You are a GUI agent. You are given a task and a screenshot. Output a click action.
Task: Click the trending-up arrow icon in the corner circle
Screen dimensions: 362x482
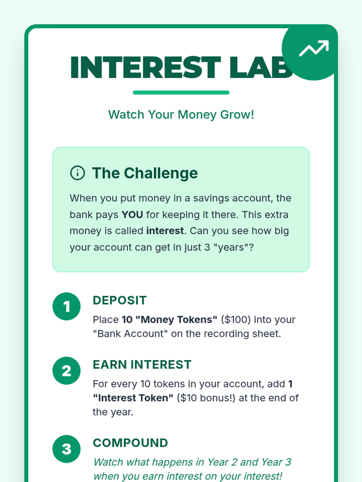pyautogui.click(x=314, y=48)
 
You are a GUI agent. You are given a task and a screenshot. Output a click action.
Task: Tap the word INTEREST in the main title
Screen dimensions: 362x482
pyautogui.click(x=145, y=67)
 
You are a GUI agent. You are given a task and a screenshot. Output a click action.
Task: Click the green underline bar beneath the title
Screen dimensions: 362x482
pyautogui.click(x=181, y=92)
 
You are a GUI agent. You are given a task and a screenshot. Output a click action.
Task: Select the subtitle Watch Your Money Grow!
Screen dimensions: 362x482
pyautogui.click(x=181, y=115)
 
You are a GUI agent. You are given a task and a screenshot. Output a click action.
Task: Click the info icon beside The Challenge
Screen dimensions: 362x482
pyautogui.click(x=77, y=173)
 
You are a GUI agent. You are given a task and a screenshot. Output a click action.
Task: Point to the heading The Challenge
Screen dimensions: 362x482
pyautogui.click(x=145, y=173)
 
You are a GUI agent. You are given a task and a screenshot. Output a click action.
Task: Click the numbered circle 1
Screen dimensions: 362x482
pyautogui.click(x=66, y=306)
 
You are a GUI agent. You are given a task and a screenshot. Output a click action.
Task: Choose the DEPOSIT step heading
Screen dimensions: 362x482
pyautogui.click(x=119, y=300)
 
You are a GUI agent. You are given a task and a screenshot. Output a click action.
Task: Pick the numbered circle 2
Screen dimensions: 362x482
pyautogui.click(x=66, y=371)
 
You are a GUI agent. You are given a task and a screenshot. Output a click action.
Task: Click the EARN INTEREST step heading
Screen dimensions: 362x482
pyautogui.click(x=142, y=365)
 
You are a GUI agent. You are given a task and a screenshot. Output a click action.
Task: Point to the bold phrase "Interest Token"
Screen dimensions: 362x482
pyautogui.click(x=133, y=398)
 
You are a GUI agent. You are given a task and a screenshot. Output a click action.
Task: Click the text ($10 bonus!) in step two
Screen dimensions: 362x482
pyautogui.click(x=206, y=398)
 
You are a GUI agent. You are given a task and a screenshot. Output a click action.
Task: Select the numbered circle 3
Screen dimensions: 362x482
pyautogui.click(x=66, y=449)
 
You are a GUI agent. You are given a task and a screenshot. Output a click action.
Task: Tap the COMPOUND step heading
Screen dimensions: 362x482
pyautogui.click(x=130, y=443)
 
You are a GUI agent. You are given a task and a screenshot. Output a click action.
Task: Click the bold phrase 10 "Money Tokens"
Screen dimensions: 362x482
pyautogui.click(x=170, y=320)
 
